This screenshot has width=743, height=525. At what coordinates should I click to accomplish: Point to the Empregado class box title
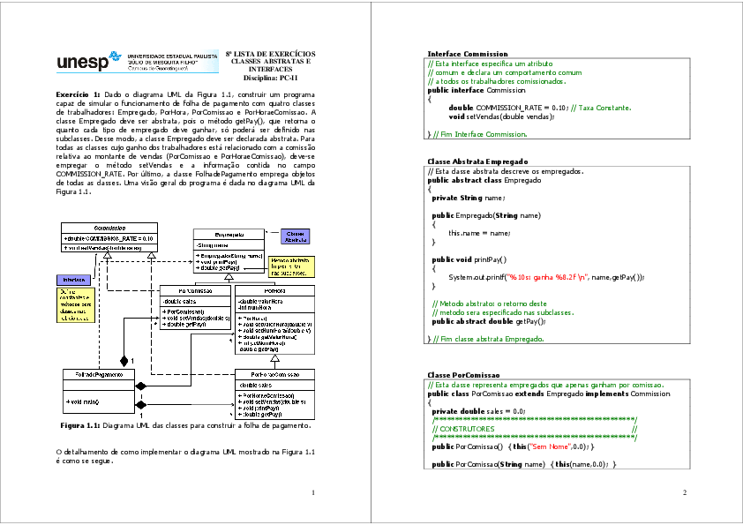click(x=229, y=236)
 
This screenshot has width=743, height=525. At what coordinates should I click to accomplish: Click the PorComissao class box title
click(x=195, y=290)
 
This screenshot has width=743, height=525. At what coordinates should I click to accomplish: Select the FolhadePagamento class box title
click(x=98, y=374)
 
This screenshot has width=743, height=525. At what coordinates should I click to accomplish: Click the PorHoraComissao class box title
click(x=274, y=374)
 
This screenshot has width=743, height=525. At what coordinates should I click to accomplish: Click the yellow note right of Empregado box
click(x=289, y=266)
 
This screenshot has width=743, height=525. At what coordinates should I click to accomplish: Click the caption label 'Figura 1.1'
click(x=78, y=425)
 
